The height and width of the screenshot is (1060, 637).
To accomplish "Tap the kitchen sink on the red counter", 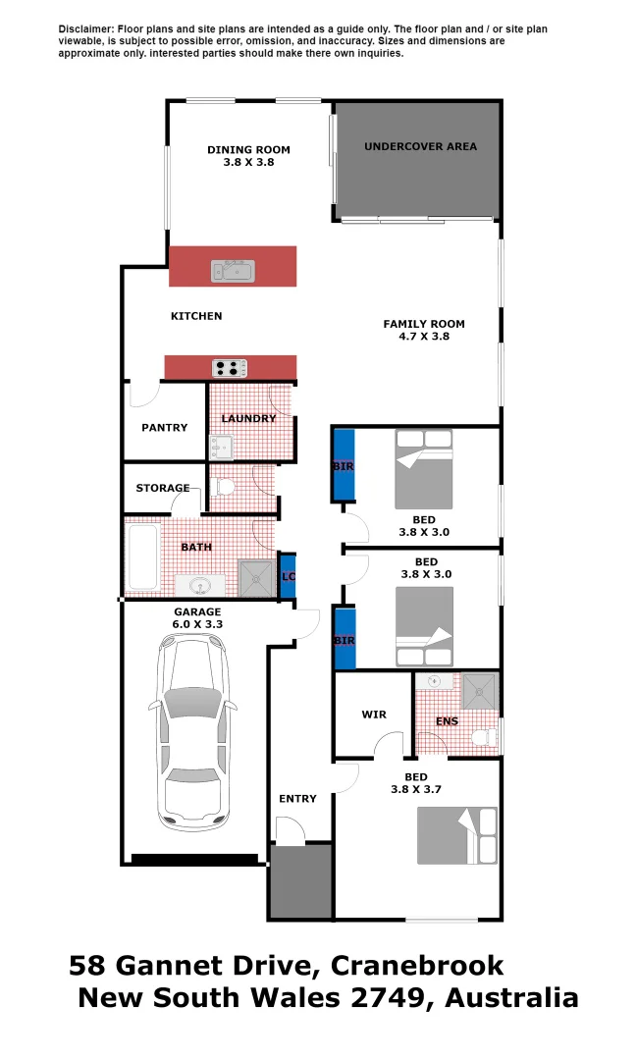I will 232,270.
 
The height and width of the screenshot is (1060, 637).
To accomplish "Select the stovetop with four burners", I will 231,368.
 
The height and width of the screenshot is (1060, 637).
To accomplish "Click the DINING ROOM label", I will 248,150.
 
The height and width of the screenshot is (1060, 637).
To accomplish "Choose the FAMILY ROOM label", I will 424,324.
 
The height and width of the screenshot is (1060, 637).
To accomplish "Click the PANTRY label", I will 164,427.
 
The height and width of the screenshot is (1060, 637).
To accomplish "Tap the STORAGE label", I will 163,488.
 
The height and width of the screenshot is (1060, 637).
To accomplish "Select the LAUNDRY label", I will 248,418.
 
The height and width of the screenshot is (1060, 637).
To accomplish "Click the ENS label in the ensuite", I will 447,721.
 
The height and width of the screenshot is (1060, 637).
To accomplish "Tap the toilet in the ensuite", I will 485,737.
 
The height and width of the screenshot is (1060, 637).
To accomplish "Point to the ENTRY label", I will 297,798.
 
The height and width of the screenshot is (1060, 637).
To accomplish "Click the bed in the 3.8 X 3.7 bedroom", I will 457,834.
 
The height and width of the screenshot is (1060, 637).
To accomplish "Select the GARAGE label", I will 197,611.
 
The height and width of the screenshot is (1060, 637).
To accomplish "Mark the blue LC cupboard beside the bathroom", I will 289,576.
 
